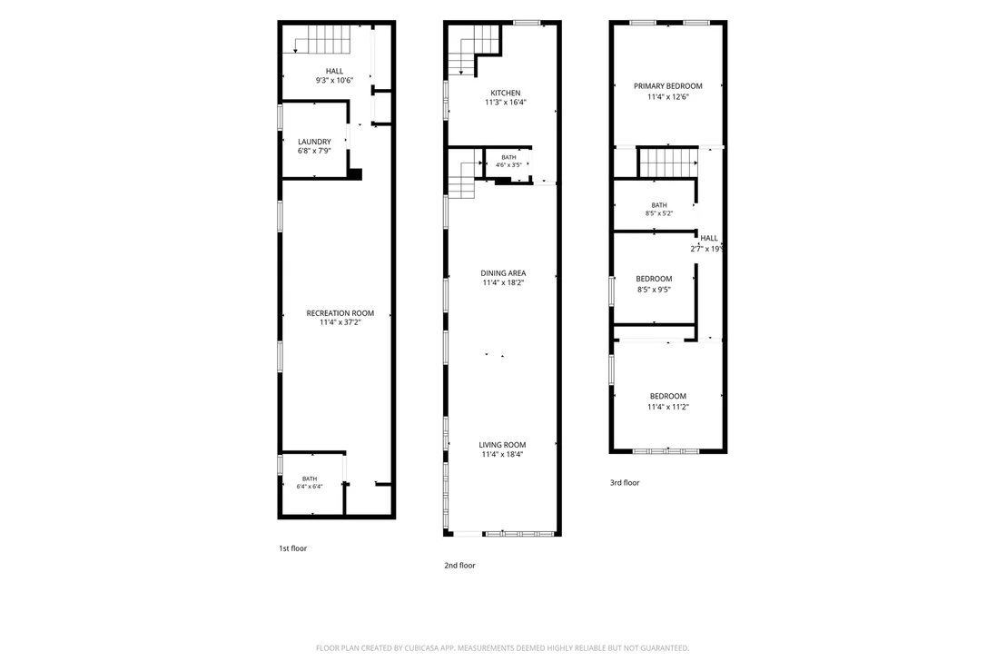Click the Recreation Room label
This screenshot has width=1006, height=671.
(340, 313)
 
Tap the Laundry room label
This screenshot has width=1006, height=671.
(314, 142)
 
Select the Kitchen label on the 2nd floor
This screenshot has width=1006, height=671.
(506, 93)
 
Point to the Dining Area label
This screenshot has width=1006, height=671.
(503, 273)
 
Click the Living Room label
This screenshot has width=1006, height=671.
(502, 445)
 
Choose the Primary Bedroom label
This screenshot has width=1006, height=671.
(668, 86)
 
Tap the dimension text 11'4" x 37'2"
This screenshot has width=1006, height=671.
(340, 322)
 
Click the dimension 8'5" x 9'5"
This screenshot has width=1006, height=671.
(654, 290)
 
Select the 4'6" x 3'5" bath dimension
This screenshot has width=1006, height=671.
(508, 165)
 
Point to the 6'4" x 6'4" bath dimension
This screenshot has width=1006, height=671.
(310, 487)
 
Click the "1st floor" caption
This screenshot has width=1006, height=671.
(292, 548)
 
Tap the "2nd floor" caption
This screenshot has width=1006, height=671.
(460, 565)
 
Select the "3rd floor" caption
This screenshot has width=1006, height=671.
(625, 482)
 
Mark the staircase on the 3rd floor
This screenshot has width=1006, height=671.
(668, 162)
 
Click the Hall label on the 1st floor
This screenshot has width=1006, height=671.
(334, 71)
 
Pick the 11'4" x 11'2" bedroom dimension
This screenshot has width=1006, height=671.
(668, 407)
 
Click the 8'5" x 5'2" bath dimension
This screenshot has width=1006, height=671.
(659, 213)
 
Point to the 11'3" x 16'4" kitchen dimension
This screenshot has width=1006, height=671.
(506, 102)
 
